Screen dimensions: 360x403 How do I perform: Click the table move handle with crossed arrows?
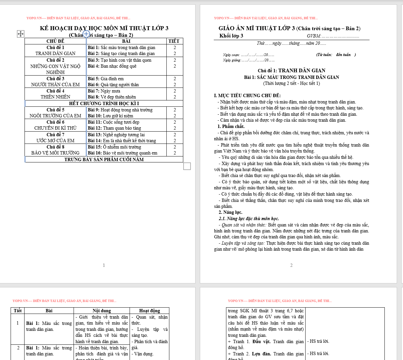point(21,34)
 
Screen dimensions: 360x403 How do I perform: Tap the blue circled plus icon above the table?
point(86,34)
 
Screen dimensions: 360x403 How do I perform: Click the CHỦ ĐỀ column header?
point(55,41)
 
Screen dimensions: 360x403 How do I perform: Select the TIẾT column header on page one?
point(174,41)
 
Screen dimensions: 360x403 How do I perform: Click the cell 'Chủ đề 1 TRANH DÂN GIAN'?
point(55,50)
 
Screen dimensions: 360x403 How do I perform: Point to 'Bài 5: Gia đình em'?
point(106,79)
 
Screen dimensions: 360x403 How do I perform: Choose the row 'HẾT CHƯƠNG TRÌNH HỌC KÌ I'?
point(104,103)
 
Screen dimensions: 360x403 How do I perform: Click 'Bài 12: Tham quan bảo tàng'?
point(114,128)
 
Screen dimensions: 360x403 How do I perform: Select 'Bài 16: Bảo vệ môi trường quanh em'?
point(123,153)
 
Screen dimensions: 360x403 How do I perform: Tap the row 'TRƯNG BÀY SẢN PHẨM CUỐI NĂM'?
point(104,159)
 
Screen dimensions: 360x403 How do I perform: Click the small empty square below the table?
point(187,166)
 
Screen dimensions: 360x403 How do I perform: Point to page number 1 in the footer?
point(104,265)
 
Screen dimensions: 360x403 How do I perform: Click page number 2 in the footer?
point(291,265)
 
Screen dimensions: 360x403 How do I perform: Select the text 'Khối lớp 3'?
point(231,36)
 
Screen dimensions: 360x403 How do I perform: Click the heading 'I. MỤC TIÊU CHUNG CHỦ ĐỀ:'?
point(247,96)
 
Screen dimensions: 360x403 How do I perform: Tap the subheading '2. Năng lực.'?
point(230,212)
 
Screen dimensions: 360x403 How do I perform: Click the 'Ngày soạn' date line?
point(248,55)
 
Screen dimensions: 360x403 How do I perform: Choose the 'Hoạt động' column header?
point(149,311)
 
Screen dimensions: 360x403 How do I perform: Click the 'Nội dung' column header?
point(101,311)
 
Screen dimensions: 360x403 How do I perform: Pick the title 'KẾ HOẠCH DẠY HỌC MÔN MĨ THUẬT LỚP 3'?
point(104,28)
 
